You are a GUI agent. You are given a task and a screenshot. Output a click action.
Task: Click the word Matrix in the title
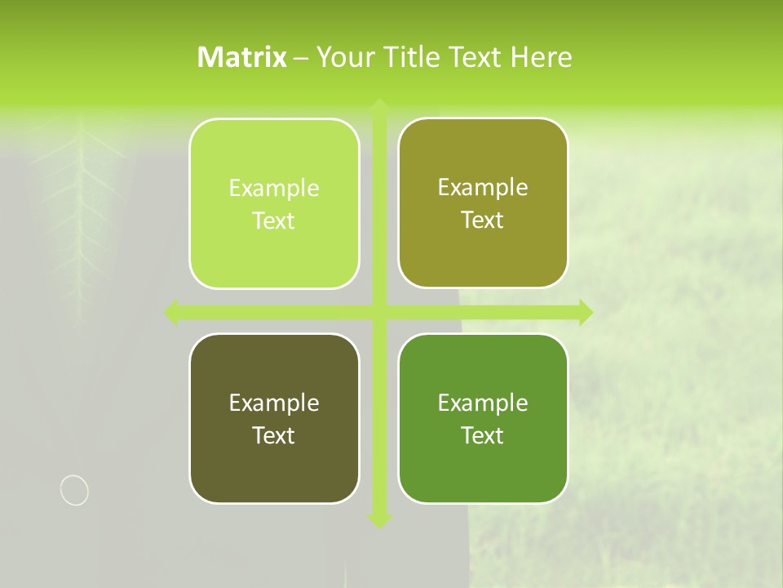[242, 57]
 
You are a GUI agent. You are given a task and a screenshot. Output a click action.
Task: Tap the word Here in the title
[541, 57]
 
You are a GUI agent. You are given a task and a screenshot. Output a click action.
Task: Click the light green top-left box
[274, 203]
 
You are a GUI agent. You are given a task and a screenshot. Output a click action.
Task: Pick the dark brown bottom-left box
[274, 418]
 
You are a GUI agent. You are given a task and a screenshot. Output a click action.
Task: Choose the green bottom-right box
[483, 418]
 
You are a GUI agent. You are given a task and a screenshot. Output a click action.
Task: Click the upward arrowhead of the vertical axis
[379, 106]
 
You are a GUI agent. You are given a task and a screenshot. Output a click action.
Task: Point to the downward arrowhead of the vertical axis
[379, 520]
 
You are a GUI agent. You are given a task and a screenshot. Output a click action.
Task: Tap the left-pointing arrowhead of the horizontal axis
[172, 312]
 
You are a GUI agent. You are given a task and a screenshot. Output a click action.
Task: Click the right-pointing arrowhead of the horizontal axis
[585, 312]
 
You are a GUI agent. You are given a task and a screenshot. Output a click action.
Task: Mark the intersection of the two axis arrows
[379, 312]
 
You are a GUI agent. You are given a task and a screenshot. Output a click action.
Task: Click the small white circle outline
[74, 490]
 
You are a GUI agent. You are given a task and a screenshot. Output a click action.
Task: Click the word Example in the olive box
[483, 187]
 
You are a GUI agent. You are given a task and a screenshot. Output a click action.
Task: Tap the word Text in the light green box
[274, 221]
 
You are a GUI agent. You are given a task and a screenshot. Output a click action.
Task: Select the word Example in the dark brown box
[274, 403]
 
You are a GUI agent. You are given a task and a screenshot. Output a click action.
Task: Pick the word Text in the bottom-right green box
[483, 435]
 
